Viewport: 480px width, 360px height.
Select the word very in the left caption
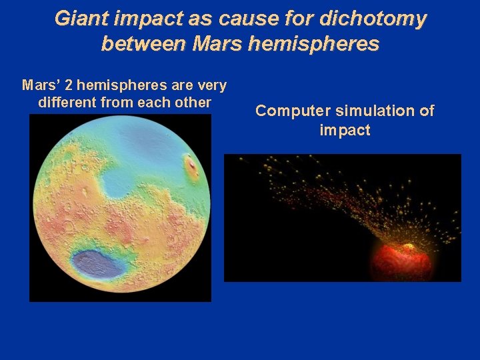tap(213, 86)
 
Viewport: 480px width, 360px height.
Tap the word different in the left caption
tap(65, 103)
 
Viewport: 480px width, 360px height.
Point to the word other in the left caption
tap(193, 103)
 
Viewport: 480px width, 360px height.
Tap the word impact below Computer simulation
tap(345, 129)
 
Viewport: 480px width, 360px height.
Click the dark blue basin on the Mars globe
tap(98, 263)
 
